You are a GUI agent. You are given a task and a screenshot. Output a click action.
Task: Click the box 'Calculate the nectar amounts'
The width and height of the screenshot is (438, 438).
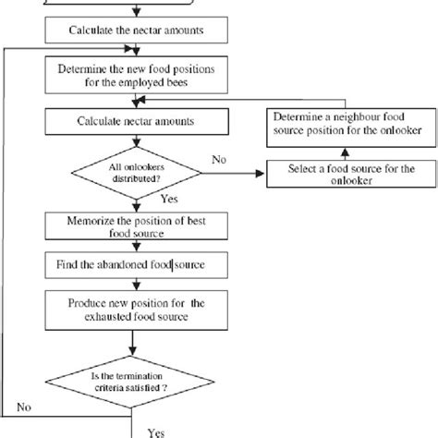(137, 30)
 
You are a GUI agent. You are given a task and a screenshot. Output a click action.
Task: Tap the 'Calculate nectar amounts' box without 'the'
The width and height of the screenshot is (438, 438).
(137, 121)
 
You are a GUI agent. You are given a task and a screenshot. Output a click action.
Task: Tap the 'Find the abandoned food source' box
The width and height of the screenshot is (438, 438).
(137, 266)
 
